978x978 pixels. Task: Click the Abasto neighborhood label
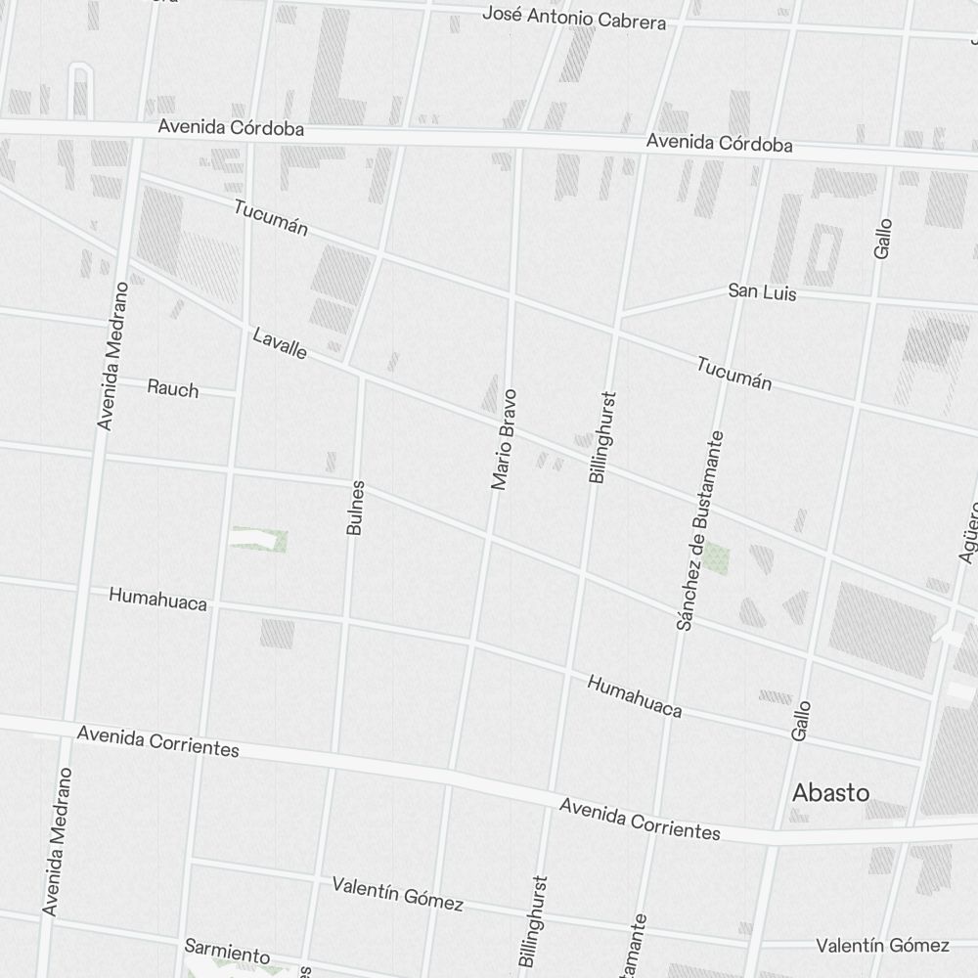[x=830, y=792]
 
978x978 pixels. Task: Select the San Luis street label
[x=762, y=291]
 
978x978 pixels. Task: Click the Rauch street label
[x=173, y=388]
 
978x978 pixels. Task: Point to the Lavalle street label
[x=280, y=343]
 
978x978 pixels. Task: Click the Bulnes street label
[x=355, y=507]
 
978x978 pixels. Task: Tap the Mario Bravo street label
[x=503, y=439]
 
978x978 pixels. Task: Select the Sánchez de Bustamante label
[x=700, y=530]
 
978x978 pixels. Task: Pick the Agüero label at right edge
[x=968, y=533]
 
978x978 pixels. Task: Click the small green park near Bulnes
[x=259, y=539]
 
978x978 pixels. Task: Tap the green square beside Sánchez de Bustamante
[x=717, y=558]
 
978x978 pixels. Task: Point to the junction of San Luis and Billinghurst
[x=618, y=316]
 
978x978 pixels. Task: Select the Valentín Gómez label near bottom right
[x=883, y=945]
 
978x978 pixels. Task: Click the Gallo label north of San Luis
[x=883, y=238]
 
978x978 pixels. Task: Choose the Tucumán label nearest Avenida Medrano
[x=271, y=217]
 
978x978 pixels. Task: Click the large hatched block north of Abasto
[x=882, y=630]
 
